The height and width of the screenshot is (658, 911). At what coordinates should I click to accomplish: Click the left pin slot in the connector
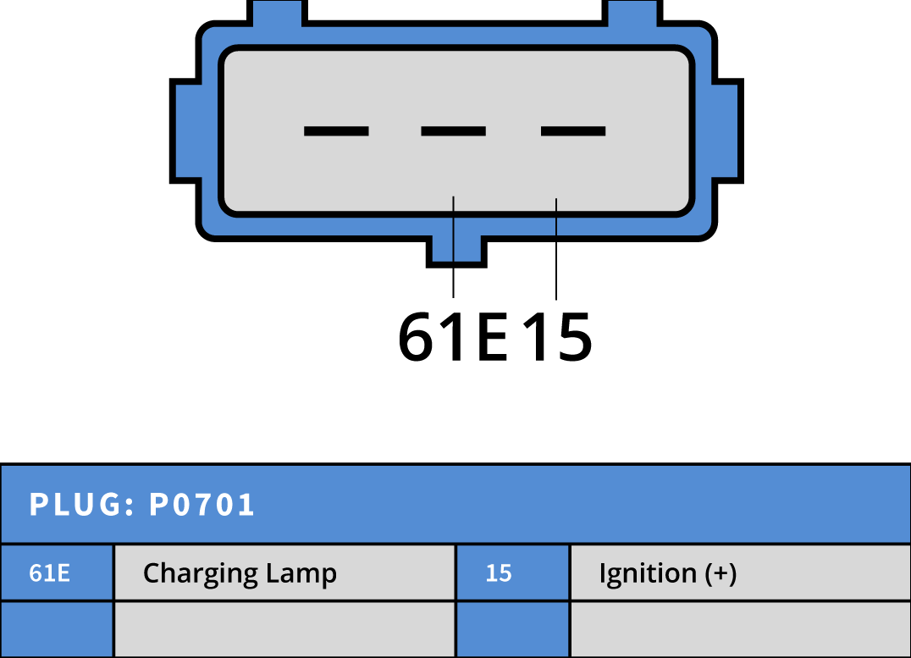tap(336, 131)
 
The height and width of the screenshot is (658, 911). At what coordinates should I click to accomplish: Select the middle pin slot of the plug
tap(453, 131)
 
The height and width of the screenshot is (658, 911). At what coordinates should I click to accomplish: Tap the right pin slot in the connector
tap(573, 131)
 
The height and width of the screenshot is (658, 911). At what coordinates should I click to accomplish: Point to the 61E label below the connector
tap(453, 336)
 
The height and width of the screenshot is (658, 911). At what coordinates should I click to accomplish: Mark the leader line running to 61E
tap(453, 247)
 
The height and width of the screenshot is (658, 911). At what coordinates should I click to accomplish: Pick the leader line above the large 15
tap(556, 249)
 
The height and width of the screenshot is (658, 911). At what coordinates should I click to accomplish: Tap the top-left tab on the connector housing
tap(277, 13)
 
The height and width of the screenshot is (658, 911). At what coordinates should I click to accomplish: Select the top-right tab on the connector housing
tap(632, 13)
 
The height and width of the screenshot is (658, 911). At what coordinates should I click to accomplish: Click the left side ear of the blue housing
tap(185, 130)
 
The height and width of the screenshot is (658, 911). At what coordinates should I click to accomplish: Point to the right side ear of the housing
tap(728, 130)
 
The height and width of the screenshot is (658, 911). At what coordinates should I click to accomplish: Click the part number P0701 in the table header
tap(202, 504)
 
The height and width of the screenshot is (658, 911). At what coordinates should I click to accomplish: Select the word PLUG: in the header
tap(82, 504)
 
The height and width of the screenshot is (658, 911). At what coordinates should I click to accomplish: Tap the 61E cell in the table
tap(57, 572)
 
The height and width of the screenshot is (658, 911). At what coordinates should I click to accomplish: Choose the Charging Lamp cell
tap(284, 572)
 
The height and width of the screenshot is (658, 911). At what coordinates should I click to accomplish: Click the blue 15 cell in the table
tap(512, 572)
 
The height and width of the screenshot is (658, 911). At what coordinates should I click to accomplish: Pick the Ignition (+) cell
tap(741, 572)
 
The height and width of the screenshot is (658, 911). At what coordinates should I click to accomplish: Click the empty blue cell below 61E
tap(57, 629)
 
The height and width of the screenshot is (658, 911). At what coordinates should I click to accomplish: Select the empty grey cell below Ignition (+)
tap(741, 629)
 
